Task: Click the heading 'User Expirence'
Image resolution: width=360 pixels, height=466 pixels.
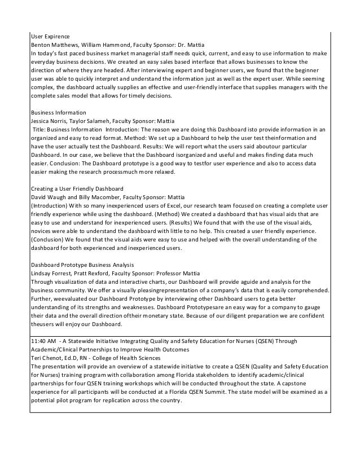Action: (x=51, y=36)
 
